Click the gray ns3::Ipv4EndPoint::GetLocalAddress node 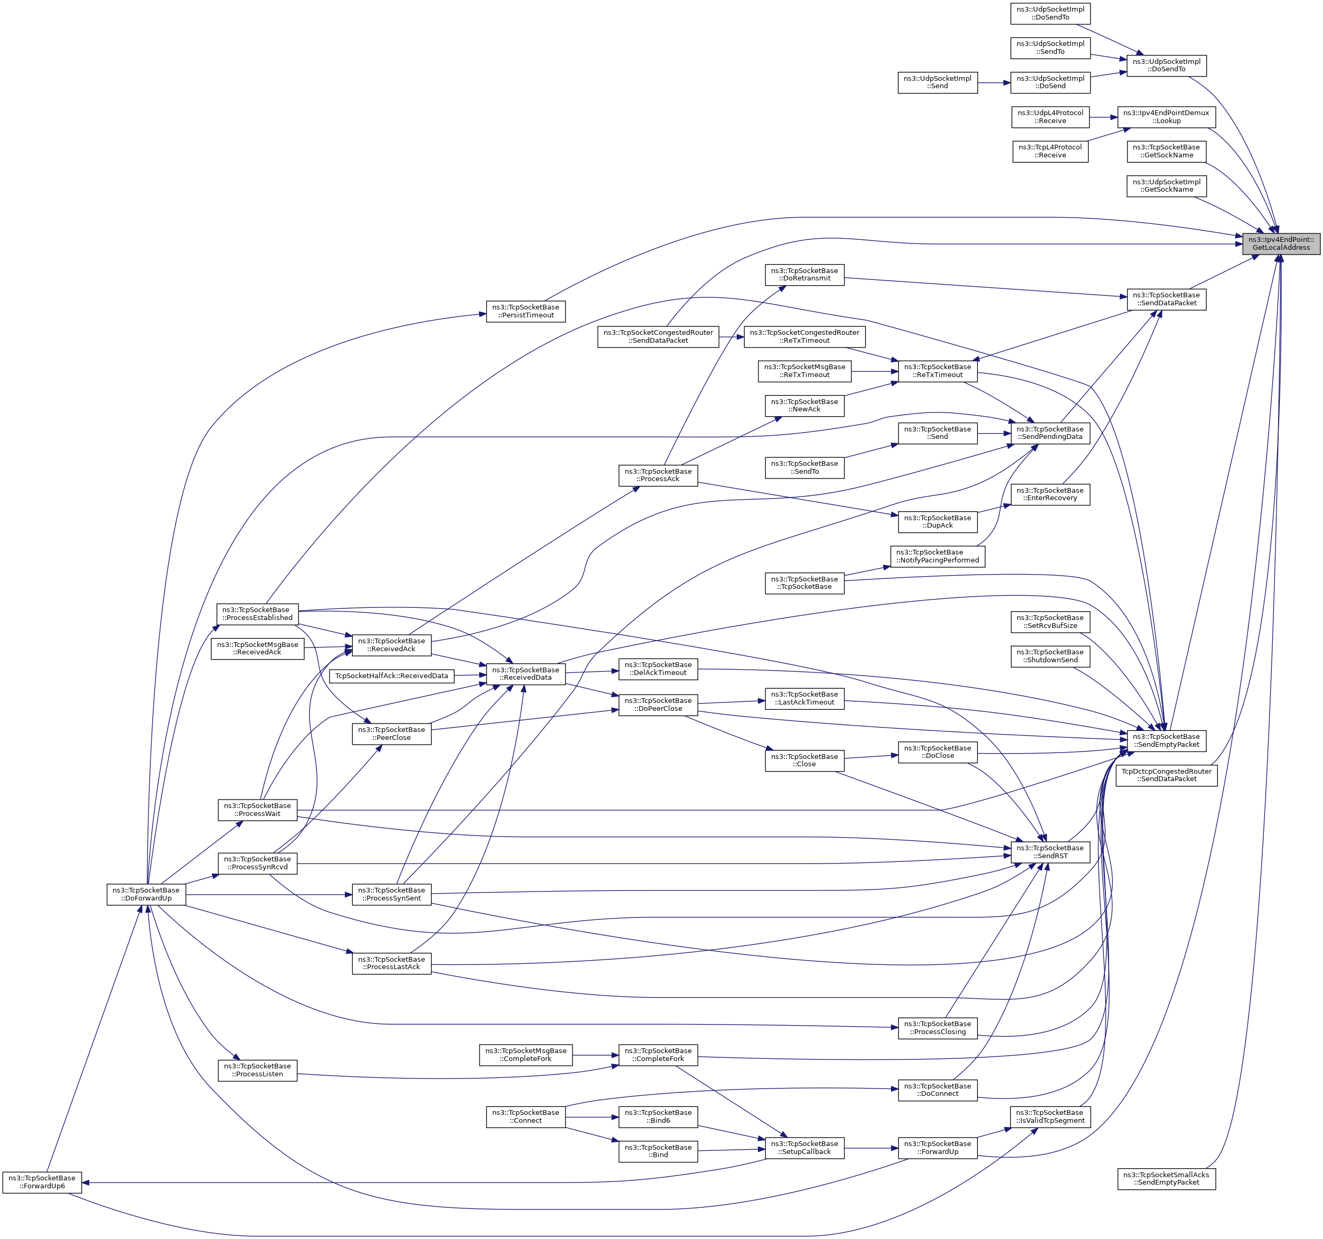point(1280,243)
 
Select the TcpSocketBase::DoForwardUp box point(146,894)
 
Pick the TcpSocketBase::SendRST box point(1050,852)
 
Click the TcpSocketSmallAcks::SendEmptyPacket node point(1166,1178)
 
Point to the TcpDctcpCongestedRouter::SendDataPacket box point(1166,775)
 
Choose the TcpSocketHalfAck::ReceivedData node point(391,676)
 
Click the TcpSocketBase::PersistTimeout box point(526,311)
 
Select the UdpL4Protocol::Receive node point(1049,116)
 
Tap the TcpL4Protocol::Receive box point(1049,151)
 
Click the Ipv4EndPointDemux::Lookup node point(1166,116)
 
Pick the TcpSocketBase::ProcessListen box point(258,1070)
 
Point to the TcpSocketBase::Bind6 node point(658,1116)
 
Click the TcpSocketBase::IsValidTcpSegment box point(1050,1116)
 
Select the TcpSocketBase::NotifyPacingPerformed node point(937,556)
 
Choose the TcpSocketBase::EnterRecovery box point(1050,494)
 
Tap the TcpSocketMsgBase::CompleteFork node point(525,1055)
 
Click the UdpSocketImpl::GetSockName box point(1166,186)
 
